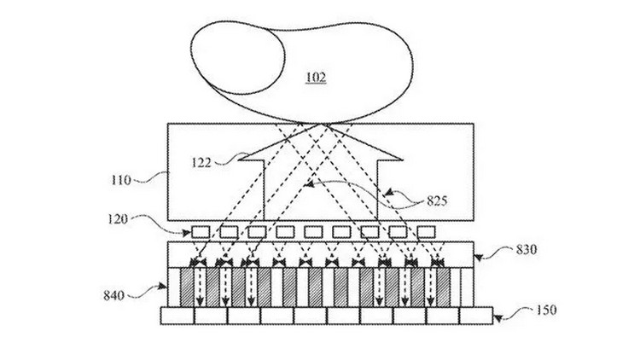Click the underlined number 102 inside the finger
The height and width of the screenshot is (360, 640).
pyautogui.click(x=316, y=77)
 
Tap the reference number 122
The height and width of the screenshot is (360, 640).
pyautogui.click(x=201, y=163)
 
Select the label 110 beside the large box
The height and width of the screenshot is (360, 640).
pyautogui.click(x=121, y=180)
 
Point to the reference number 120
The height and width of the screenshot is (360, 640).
pyautogui.click(x=118, y=219)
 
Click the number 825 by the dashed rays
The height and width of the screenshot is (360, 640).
pyautogui.click(x=437, y=200)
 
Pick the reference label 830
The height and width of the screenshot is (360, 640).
pyautogui.click(x=527, y=249)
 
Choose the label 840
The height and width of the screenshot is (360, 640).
pyautogui.click(x=113, y=295)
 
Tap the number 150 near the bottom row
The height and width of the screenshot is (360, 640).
pyautogui.click(x=546, y=311)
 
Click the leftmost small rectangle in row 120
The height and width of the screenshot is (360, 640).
pyautogui.click(x=201, y=232)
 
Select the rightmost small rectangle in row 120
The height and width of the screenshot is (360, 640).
pyautogui.click(x=426, y=232)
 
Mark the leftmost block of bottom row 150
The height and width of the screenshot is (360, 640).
pyautogui.click(x=177, y=316)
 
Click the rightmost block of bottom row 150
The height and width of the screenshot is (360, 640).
pyautogui.click(x=476, y=316)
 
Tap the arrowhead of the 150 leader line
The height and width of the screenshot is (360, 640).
pyautogui.click(x=497, y=317)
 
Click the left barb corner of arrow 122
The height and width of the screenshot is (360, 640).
pyautogui.click(x=239, y=160)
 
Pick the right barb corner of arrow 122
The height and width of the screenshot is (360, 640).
pyautogui.click(x=402, y=160)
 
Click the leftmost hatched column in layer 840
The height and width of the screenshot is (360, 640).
pyautogui.click(x=187, y=287)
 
